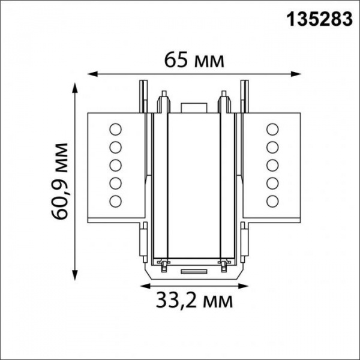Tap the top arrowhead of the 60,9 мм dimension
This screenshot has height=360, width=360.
tap(76, 85)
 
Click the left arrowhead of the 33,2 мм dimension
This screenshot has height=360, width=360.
tap(143, 281)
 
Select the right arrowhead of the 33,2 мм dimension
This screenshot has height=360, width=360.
tap(242, 281)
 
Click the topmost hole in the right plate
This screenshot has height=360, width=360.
tap(272, 128)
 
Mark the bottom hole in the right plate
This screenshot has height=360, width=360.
tap(272, 200)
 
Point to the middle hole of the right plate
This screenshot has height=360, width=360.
tap(272, 164)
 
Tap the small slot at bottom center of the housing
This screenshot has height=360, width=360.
tap(193, 271)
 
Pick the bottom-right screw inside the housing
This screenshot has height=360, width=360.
tap(224, 263)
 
